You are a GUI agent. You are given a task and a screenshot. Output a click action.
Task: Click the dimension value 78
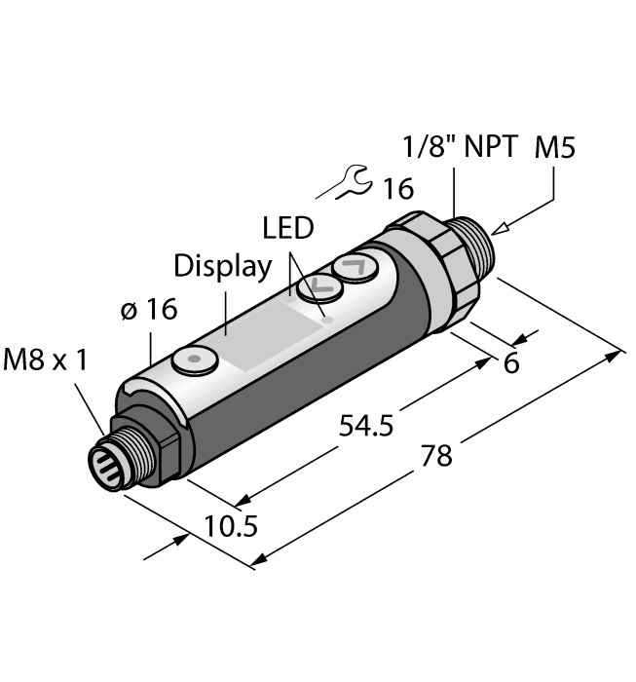[x=438, y=456]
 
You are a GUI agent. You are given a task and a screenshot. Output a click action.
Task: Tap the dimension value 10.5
[x=231, y=527]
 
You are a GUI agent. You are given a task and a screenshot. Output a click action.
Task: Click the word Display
[x=222, y=266]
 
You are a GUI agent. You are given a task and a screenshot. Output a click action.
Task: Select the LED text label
[x=288, y=229]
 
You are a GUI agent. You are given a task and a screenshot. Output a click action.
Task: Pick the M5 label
[x=556, y=148]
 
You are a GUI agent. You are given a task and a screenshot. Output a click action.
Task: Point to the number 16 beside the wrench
[x=396, y=185]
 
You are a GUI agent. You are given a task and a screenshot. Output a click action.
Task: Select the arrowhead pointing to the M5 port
[x=498, y=230]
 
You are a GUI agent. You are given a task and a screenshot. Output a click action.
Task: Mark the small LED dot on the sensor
[x=328, y=317]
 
